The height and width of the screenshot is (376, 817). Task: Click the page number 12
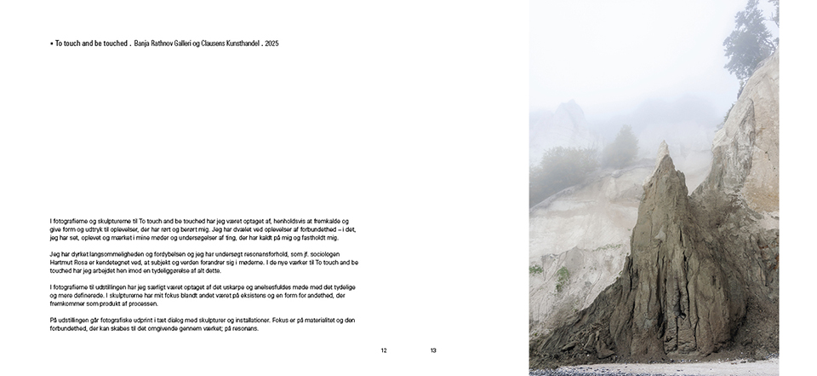(384, 350)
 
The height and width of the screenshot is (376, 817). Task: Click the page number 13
(433, 350)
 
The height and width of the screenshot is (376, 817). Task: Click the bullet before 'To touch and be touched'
(51, 43)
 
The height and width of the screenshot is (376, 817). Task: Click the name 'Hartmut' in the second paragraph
(62, 263)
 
